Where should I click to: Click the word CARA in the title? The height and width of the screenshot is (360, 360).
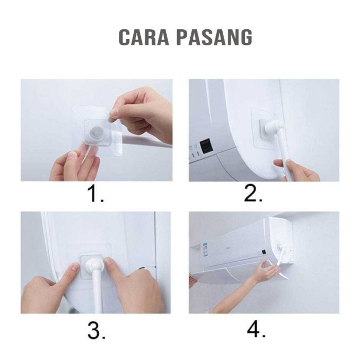click(x=144, y=37)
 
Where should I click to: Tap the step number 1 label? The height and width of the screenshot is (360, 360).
click(x=96, y=193)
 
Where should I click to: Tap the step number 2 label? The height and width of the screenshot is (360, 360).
click(x=253, y=193)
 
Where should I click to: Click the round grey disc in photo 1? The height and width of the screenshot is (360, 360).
click(x=97, y=133)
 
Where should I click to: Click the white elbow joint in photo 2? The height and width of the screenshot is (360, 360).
click(x=274, y=127)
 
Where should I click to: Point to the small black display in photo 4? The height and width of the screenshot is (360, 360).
click(x=264, y=252)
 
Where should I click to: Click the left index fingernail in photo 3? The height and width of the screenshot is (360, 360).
click(x=75, y=267)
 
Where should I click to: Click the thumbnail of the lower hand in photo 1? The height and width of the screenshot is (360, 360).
click(x=73, y=155)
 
